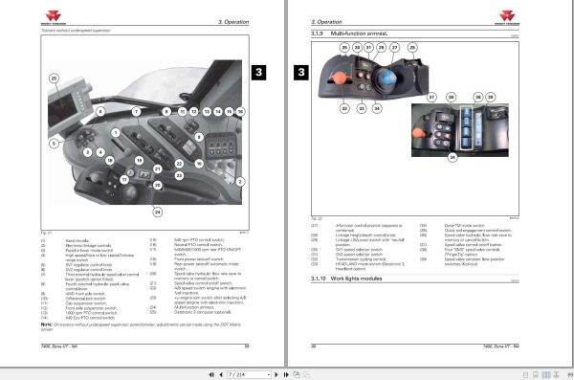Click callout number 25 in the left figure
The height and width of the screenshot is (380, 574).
54,78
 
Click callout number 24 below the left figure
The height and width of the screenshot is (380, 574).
158,211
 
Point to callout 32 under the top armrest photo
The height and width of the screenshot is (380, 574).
344,108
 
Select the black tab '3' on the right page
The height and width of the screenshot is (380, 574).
300,71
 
